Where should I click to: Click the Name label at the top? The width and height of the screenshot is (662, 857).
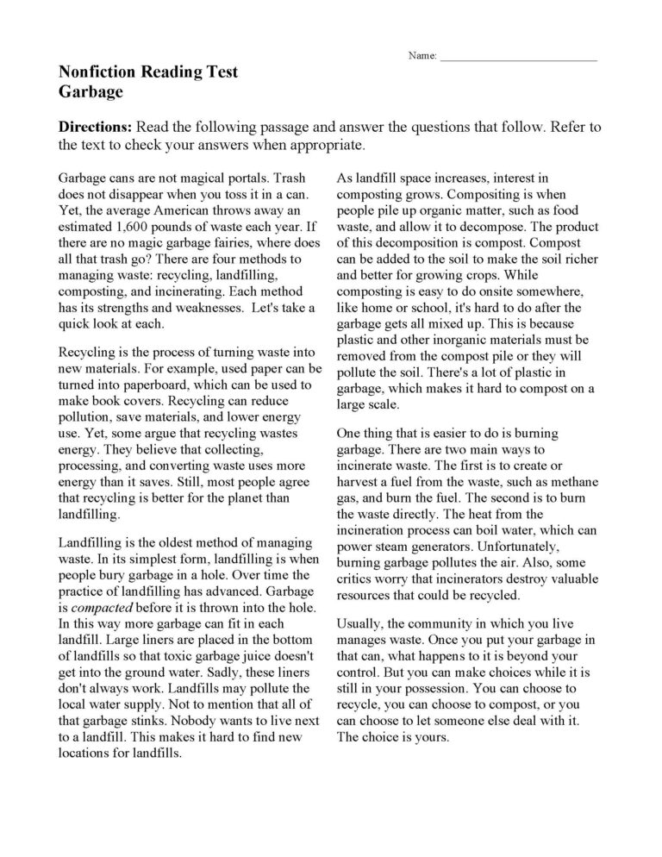pos(422,56)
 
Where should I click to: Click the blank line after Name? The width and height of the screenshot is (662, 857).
pos(518,57)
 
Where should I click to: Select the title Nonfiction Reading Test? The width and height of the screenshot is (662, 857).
pos(147,72)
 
